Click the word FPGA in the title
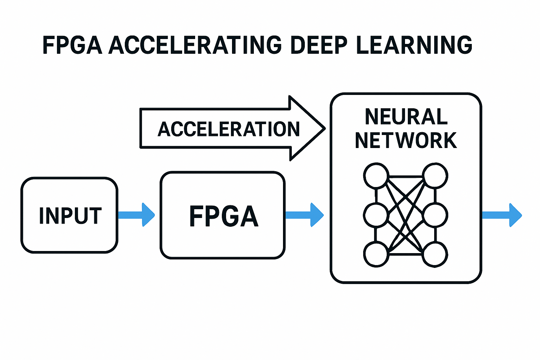[72, 45]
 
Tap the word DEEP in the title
[319, 45]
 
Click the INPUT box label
[70, 216]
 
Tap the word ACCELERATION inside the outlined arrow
[229, 129]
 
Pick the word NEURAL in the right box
[406, 117]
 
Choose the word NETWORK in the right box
[406, 140]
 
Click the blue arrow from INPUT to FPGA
[136, 215]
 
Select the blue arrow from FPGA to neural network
[304, 215]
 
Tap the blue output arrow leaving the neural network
[502, 215]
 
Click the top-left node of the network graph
[376, 175]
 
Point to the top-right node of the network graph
[435, 175]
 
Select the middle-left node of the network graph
[376, 215]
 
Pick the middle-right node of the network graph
[435, 215]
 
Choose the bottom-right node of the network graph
[435, 254]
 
